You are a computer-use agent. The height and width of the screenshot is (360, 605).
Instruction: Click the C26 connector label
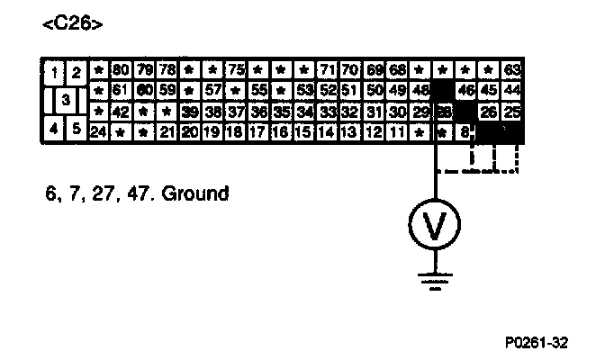click(72, 24)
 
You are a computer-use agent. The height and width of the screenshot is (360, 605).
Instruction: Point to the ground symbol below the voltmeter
click(436, 280)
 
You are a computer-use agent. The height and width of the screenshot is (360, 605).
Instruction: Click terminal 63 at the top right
click(513, 69)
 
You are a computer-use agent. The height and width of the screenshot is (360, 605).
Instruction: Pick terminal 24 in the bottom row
click(98, 131)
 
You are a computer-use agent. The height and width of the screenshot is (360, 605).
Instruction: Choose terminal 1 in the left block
click(56, 71)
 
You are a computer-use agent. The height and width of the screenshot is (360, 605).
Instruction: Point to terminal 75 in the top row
click(237, 69)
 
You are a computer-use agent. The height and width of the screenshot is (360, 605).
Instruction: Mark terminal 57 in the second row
click(213, 90)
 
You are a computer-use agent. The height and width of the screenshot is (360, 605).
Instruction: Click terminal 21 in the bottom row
click(167, 131)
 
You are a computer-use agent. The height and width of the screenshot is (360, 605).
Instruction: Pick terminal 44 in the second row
click(513, 90)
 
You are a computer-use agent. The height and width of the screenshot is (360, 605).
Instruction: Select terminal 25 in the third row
click(513, 111)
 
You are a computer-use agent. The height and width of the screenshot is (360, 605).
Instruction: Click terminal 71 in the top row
click(329, 69)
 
